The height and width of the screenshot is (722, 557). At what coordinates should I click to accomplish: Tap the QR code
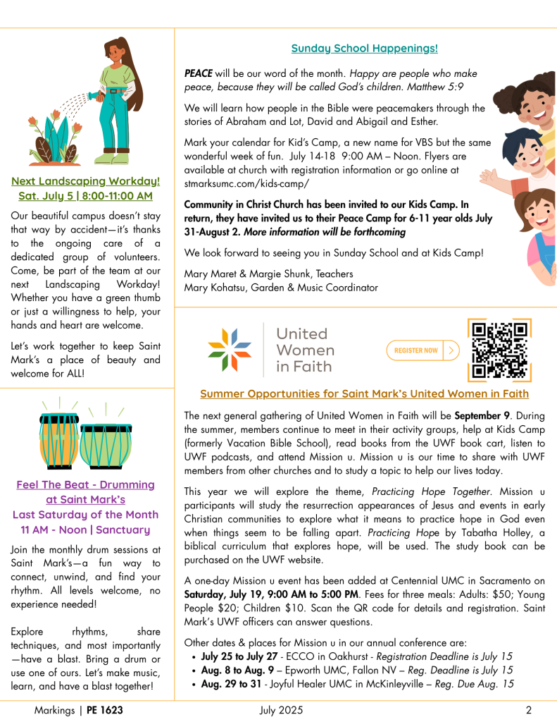tap(499, 350)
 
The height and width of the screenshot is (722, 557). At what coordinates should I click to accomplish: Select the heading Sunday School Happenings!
tap(364, 49)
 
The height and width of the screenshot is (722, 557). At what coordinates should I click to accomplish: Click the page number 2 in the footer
tap(528, 710)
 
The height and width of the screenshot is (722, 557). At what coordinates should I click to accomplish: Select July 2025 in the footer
tap(281, 710)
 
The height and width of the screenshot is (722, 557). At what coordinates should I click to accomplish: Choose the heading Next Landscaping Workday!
tap(85, 181)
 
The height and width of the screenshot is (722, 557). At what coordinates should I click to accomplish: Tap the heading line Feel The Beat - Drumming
tap(85, 485)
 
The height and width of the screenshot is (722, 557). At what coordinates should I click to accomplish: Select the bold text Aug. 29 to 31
tap(228, 684)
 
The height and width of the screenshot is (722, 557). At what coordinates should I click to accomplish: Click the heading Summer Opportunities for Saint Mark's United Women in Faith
tap(364, 393)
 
